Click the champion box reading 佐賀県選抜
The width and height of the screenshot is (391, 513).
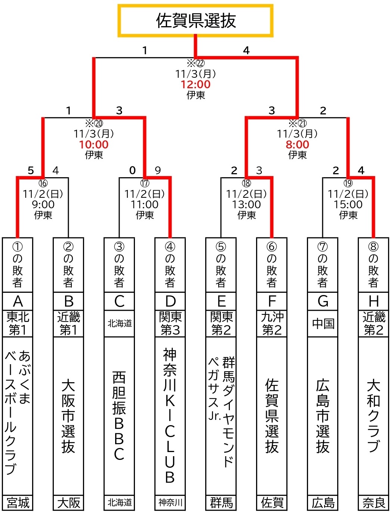195,21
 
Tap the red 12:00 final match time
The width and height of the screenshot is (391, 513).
195,85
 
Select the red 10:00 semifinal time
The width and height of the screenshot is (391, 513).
94,145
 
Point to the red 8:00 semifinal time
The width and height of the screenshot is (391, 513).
297,145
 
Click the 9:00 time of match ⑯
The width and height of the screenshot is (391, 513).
43,205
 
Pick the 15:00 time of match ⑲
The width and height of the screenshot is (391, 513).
348,205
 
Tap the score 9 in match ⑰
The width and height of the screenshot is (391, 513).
158,171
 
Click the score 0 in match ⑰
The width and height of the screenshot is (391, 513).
132,171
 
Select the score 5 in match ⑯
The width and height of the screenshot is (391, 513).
31,171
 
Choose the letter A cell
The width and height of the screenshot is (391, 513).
18,301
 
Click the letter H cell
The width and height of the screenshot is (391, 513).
373,301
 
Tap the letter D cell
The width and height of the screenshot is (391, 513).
170,301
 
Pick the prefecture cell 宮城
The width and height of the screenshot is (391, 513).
18,503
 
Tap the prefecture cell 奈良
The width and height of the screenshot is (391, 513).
373,503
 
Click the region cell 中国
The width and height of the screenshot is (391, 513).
323,323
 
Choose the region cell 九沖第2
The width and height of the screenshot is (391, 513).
272,323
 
